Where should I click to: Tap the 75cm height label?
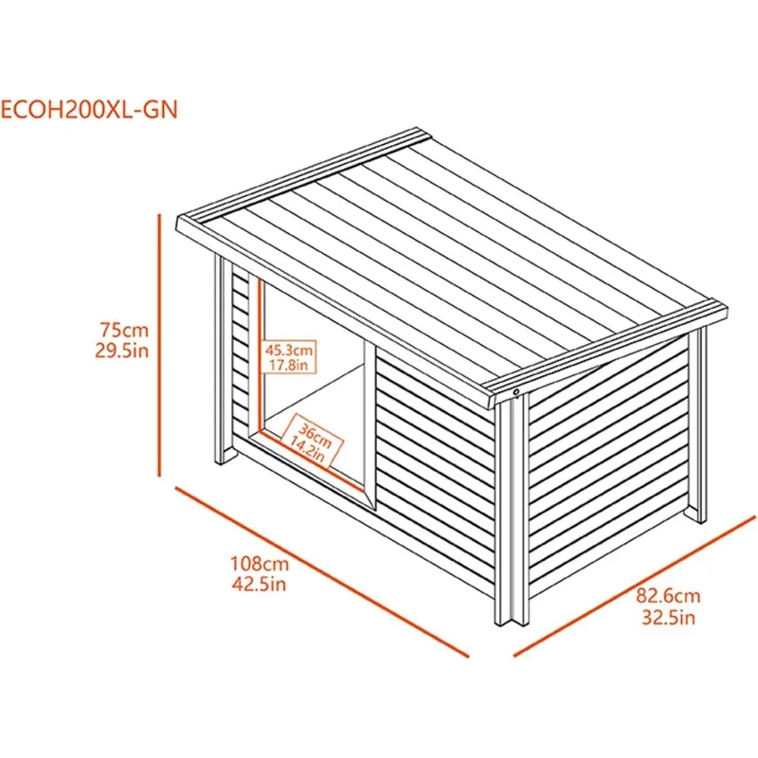(124, 331)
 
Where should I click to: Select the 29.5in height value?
(124, 352)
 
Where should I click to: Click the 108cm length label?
(259, 563)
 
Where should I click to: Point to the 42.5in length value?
(259, 583)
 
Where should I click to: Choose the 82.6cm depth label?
(668, 598)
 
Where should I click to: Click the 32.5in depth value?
(668, 619)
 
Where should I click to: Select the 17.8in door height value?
(289, 365)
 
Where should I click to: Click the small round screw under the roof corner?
(516, 391)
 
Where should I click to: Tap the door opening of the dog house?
(313, 398)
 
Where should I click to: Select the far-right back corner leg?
(699, 426)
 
